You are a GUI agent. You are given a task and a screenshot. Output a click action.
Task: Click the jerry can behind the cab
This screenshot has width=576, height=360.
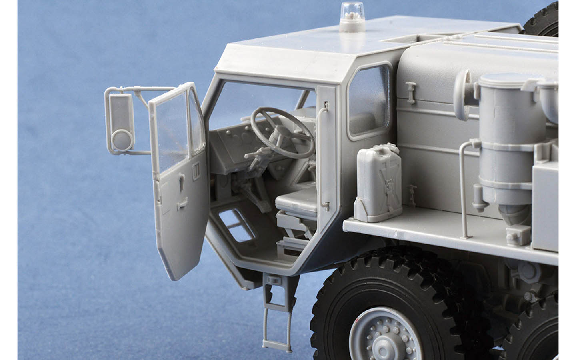[x=378, y=182]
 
